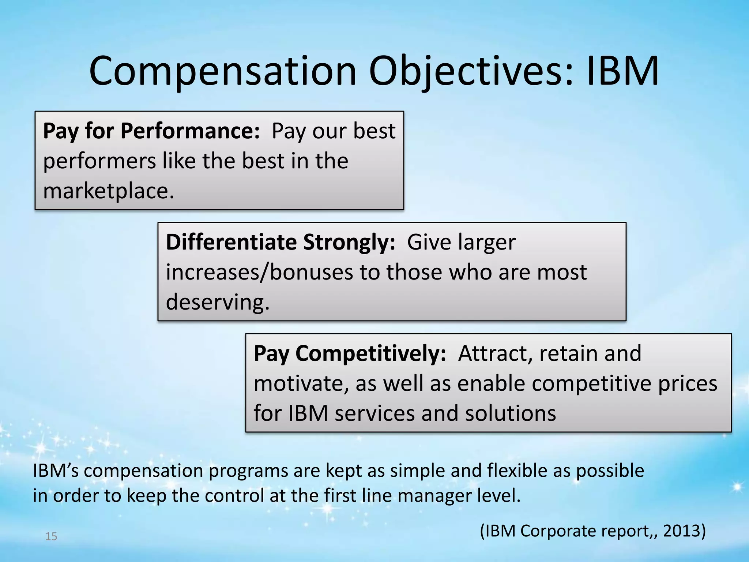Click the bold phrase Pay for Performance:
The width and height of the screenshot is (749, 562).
pyautogui.click(x=151, y=131)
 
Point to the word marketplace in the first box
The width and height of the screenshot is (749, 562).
pyautogui.click(x=106, y=191)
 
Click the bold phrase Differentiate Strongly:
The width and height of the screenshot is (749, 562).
pyautogui.click(x=280, y=242)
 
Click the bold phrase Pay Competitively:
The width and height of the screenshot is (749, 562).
pyautogui.click(x=350, y=353)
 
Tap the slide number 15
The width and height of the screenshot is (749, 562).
pyautogui.click(x=51, y=537)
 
